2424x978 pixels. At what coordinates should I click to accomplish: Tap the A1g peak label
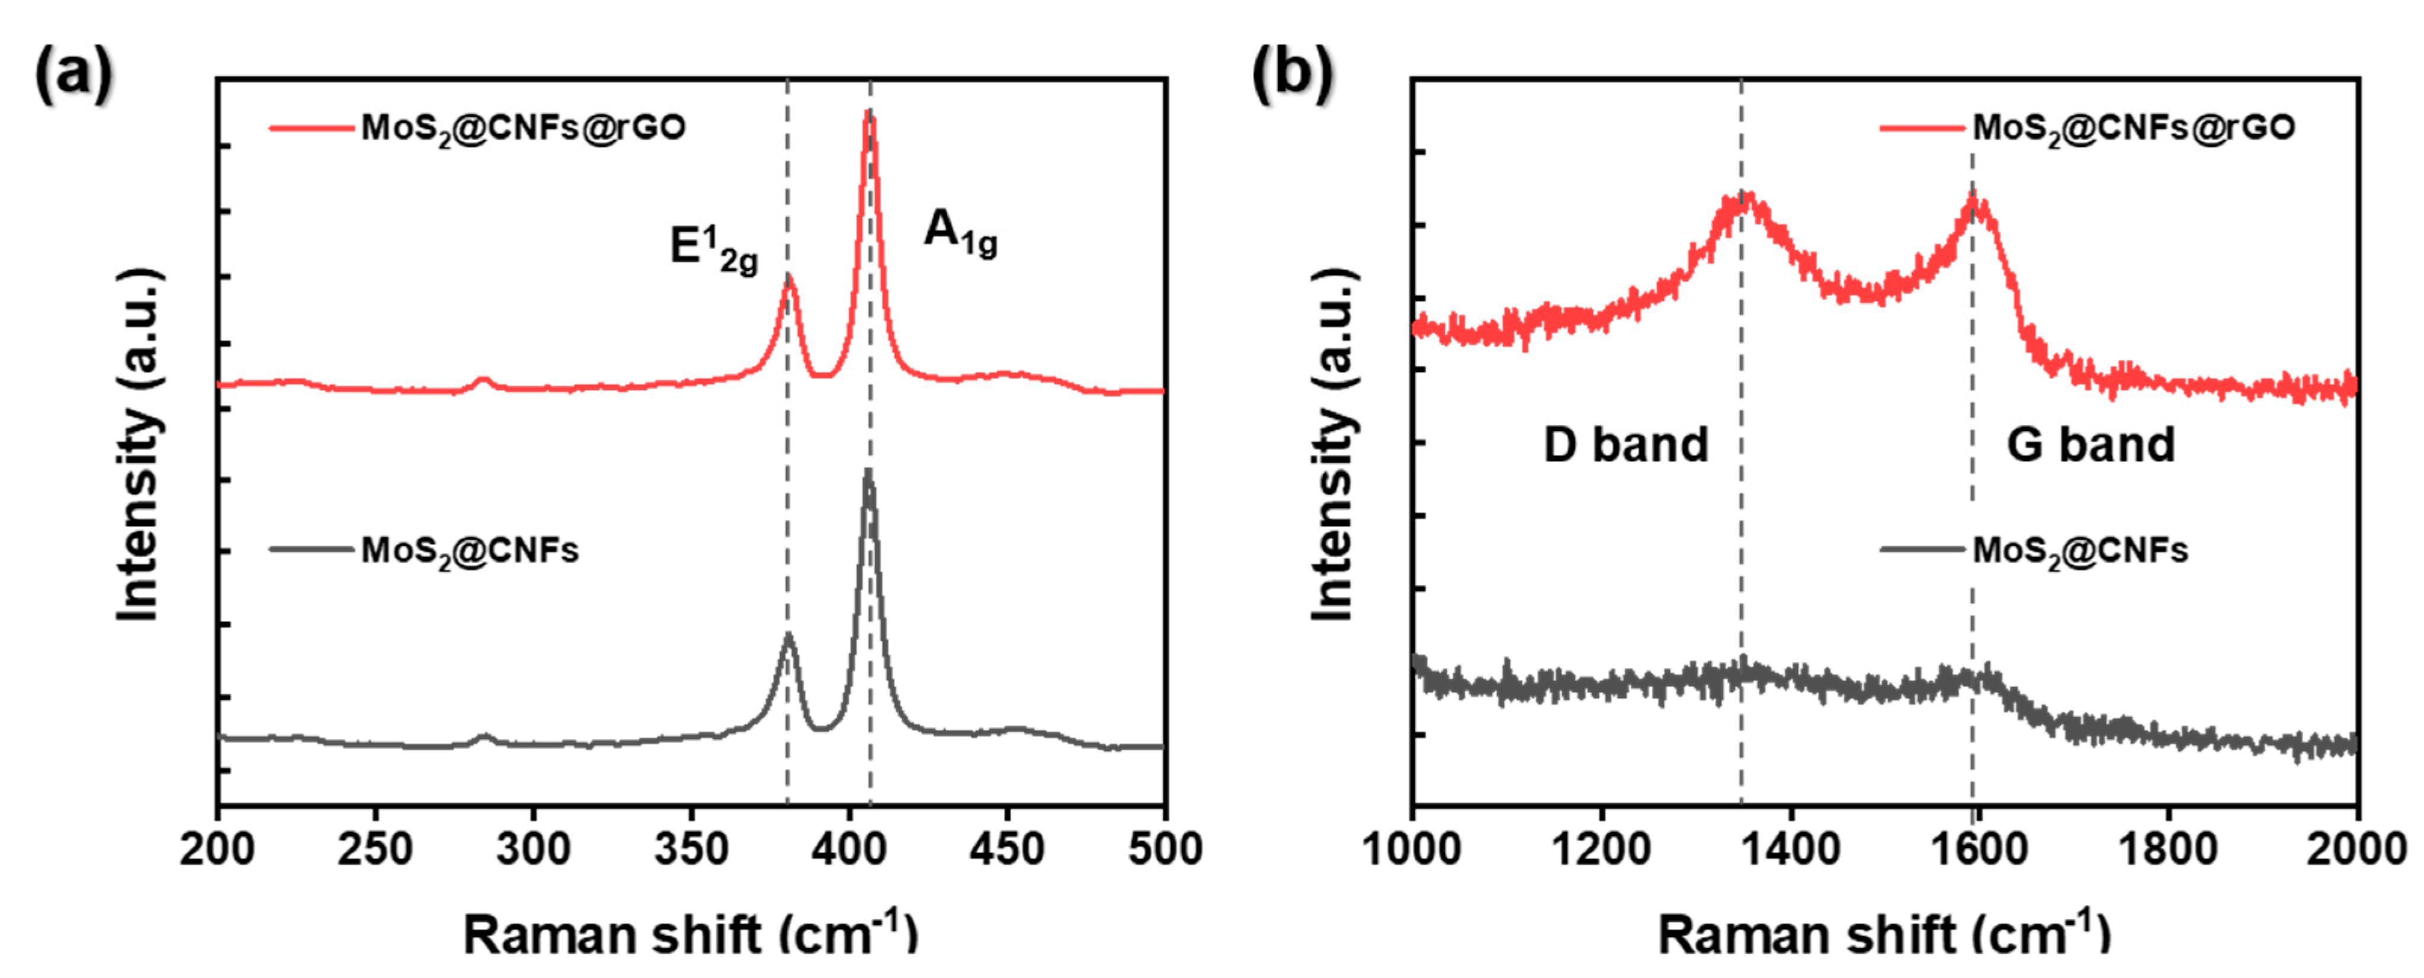coord(959,232)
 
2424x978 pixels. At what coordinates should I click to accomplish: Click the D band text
coord(1625,444)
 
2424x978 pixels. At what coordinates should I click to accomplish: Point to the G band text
coord(2090,444)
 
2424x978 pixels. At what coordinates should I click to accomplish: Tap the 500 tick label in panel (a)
coord(1164,849)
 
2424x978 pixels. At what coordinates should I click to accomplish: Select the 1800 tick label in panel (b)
coord(2167,849)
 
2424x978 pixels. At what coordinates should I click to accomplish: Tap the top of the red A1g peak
coord(870,113)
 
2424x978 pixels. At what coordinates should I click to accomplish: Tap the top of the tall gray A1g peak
coord(868,471)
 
